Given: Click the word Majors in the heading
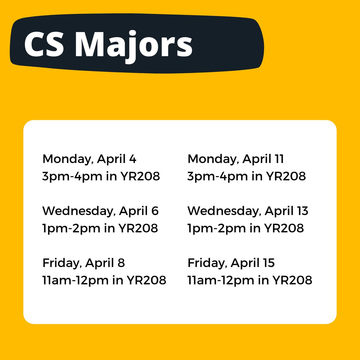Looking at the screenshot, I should pyautogui.click(x=133, y=45).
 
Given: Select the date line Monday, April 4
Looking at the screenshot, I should pyautogui.click(x=89, y=159).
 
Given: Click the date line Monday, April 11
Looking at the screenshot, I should pyautogui.click(x=235, y=159).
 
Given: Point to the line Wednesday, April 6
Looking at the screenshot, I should pyautogui.click(x=100, y=211).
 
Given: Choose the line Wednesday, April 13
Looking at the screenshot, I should pyautogui.click(x=248, y=211).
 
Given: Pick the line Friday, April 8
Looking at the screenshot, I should pyautogui.click(x=83, y=263).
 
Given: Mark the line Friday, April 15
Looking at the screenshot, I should pyautogui.click(x=231, y=263).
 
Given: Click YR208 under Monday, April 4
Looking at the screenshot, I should pyautogui.click(x=140, y=176).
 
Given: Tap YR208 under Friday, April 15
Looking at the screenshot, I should pyautogui.click(x=292, y=280).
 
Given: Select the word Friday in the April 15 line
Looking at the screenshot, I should pyautogui.click(x=207, y=263).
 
